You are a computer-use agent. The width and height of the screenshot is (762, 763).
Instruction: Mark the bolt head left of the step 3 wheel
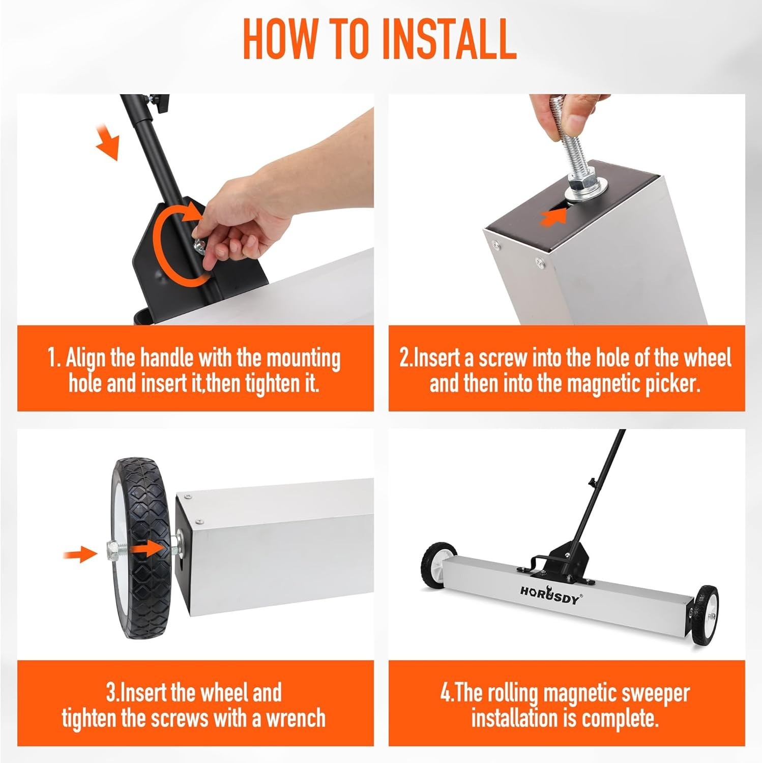click(112, 548)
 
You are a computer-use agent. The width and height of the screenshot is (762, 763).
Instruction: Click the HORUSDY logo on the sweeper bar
click(549, 595)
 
